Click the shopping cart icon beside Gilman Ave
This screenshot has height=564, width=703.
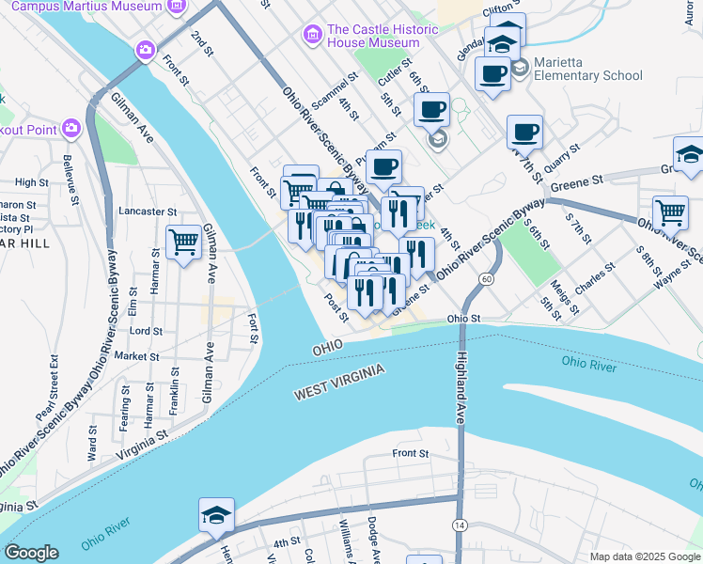183,243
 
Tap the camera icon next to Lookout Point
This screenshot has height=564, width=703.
71,128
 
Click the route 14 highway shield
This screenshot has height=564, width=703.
460,524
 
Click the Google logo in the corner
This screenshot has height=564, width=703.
31,553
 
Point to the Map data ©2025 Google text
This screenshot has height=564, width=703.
645,556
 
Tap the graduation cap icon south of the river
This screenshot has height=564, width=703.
216,515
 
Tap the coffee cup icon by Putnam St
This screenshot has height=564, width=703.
383,167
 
